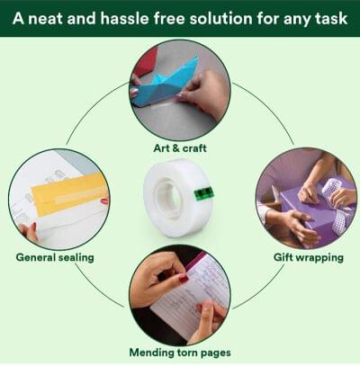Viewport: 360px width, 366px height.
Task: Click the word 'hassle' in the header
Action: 124,19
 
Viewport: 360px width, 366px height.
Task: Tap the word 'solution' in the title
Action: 220,19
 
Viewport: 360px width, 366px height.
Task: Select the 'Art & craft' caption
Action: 180,148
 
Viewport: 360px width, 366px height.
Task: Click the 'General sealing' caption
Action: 55,257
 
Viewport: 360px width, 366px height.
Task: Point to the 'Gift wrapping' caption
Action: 309,257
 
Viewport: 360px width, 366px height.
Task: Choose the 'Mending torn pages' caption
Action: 180,353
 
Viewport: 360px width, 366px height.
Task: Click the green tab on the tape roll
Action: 204,193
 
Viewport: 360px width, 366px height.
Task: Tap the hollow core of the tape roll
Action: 168,194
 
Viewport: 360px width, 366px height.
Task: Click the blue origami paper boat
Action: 165,83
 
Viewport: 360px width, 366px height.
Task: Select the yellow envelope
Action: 69,193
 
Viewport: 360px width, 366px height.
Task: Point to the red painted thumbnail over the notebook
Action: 184,279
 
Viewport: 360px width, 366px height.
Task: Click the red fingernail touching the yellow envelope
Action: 104,201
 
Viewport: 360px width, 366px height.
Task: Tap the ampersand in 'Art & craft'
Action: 175,148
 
